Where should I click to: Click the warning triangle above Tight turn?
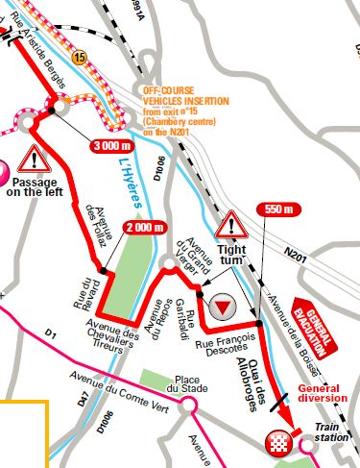click(231, 227)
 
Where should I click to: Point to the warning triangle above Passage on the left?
click(35, 155)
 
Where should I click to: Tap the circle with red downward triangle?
click(223, 307)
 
